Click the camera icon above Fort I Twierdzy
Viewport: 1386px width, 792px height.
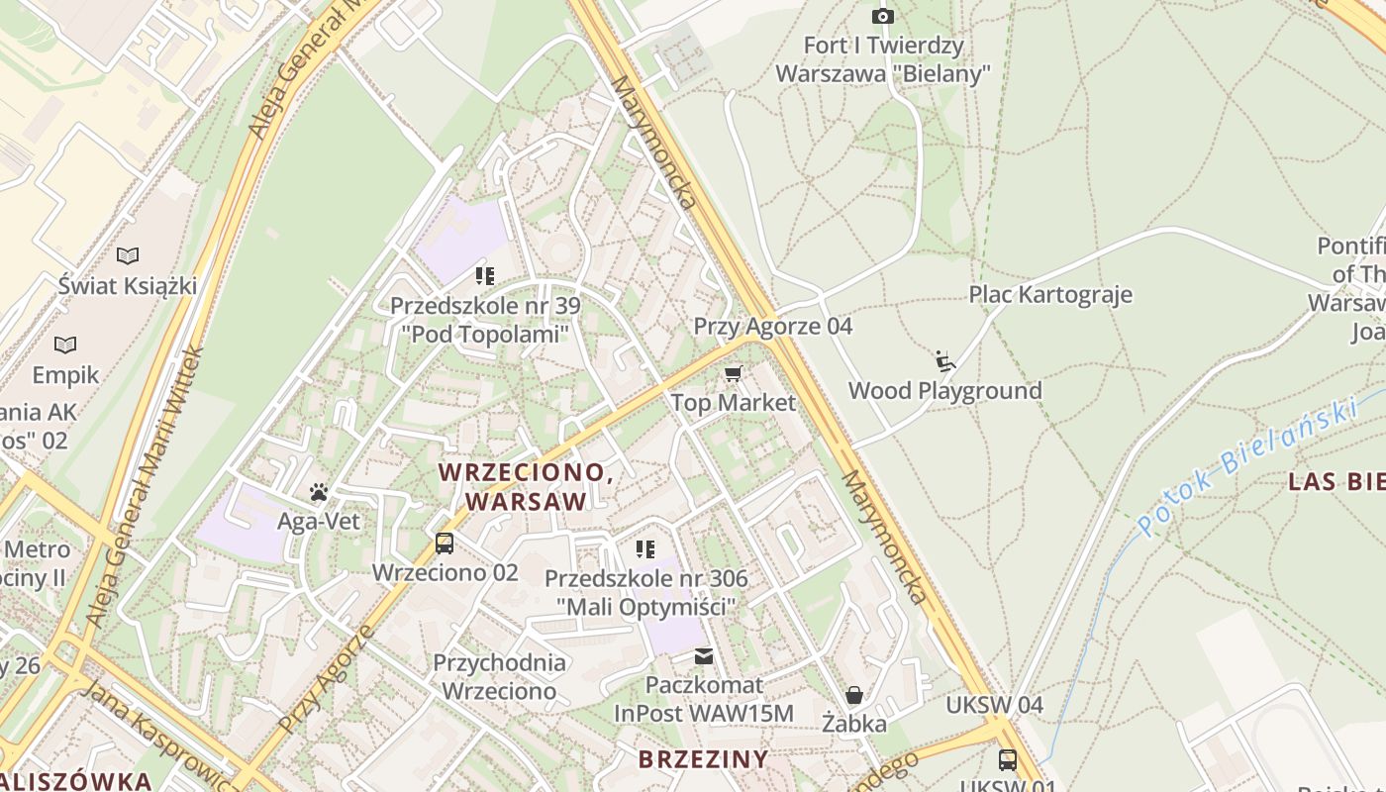click(882, 16)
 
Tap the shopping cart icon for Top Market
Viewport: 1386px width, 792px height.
click(733, 373)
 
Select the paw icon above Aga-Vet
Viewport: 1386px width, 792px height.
click(318, 492)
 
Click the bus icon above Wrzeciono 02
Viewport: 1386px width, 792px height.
click(445, 544)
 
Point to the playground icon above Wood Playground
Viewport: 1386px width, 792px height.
click(944, 361)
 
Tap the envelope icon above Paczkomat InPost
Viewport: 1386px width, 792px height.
click(704, 655)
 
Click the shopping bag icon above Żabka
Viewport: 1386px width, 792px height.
click(853, 695)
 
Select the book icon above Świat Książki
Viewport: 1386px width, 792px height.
click(128, 256)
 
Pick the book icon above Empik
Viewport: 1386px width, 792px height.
click(65, 346)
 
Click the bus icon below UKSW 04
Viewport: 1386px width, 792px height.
click(1007, 759)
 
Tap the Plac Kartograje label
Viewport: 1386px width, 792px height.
click(1049, 294)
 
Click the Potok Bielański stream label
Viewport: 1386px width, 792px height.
click(1245, 464)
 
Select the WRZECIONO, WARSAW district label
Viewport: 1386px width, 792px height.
click(527, 486)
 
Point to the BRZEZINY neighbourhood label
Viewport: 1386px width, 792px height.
click(703, 759)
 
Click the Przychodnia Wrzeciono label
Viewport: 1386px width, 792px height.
click(499, 676)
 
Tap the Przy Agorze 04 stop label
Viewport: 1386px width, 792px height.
click(772, 326)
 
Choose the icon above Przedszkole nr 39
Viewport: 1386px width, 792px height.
click(484, 275)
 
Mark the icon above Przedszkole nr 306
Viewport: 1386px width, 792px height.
click(645, 549)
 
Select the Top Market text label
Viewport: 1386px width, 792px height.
click(733, 402)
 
